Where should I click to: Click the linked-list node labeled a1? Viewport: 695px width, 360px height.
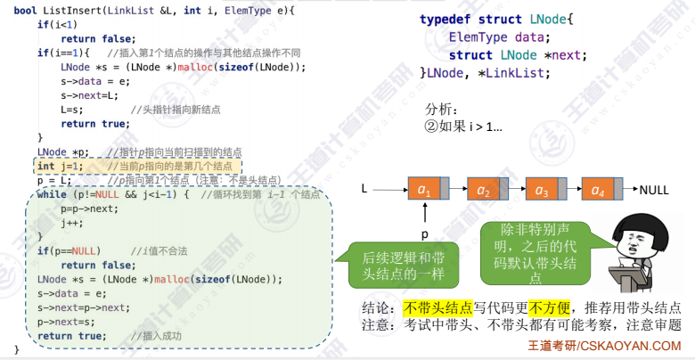point(427,191)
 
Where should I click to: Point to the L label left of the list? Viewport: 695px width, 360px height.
point(364,190)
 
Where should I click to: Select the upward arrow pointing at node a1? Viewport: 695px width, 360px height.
point(426,215)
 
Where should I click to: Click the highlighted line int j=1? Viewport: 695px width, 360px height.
point(61,166)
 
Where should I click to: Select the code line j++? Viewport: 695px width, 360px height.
point(73,223)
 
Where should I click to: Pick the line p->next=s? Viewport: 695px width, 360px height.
point(67,323)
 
